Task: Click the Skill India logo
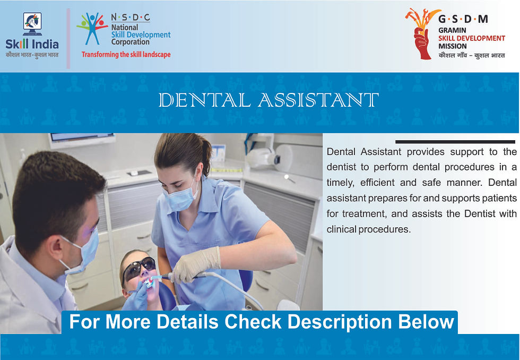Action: [32, 35]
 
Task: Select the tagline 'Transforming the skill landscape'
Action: [126, 54]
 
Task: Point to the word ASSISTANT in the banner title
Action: [318, 100]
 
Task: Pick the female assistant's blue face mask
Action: [181, 198]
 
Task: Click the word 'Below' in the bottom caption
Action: [428, 322]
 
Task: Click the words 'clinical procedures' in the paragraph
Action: [369, 230]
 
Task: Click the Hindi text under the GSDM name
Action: [472, 55]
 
